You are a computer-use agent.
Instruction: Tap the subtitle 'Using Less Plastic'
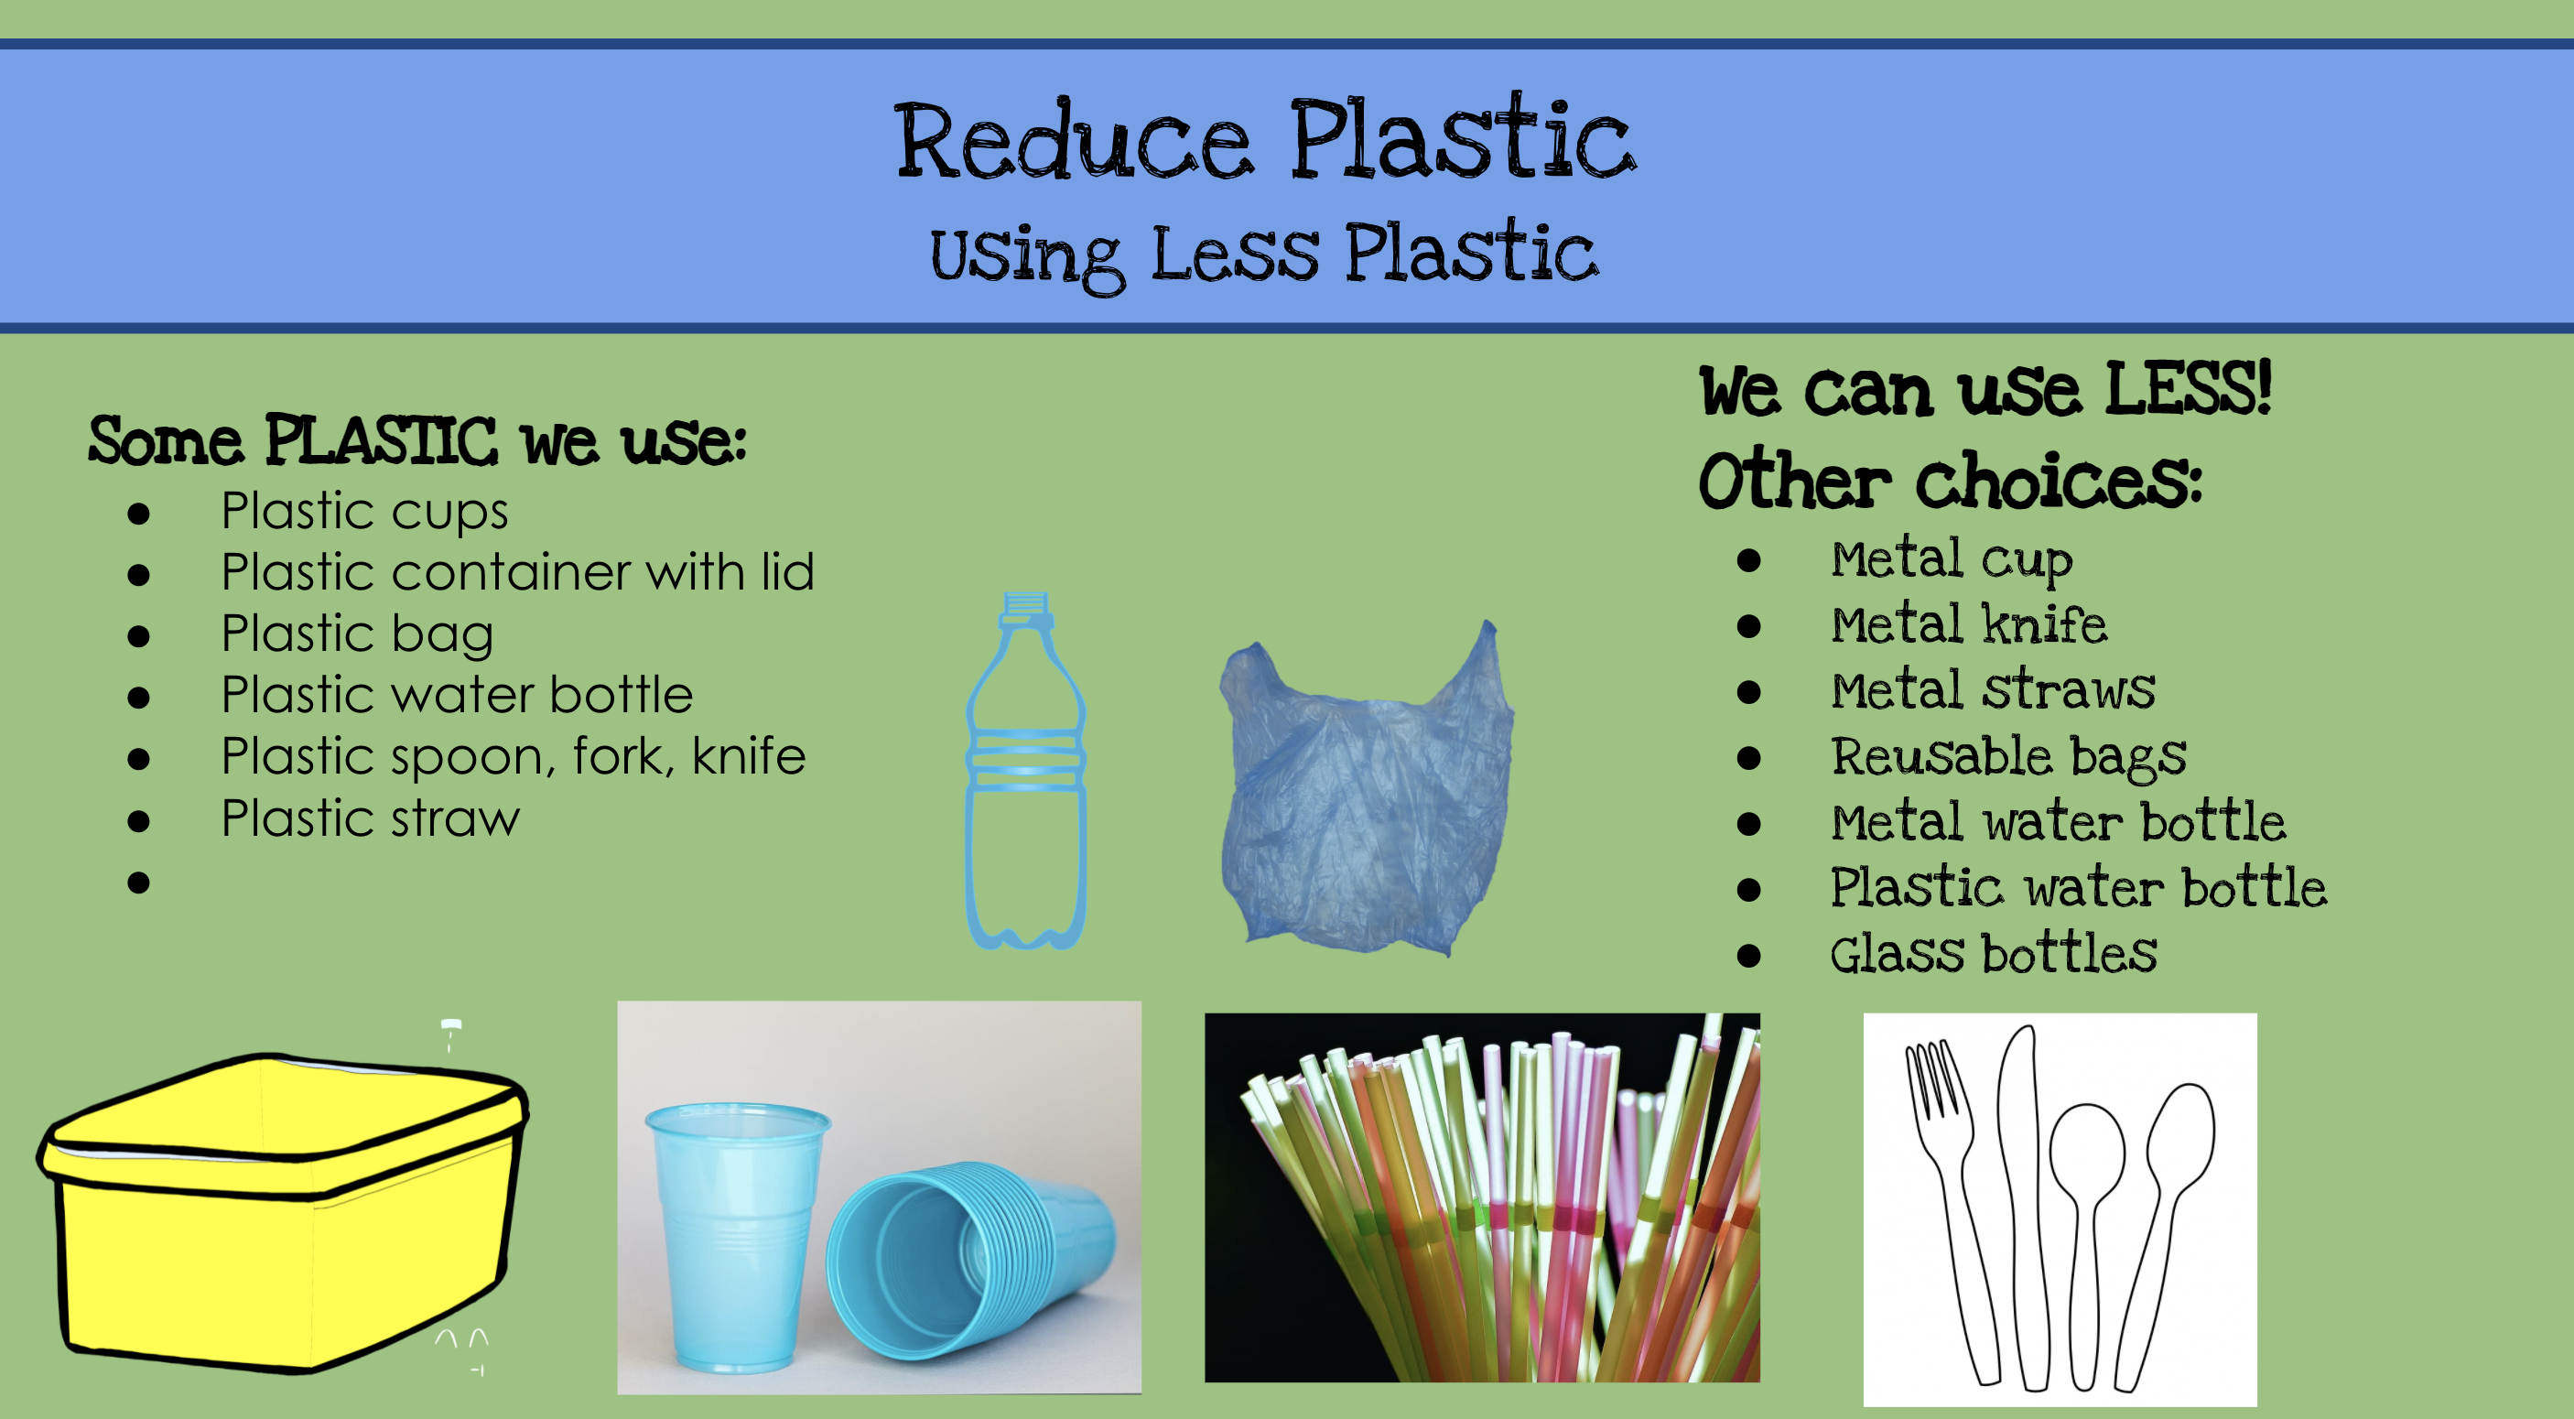pyautogui.click(x=1264, y=255)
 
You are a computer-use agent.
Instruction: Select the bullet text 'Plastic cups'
pyautogui.click(x=364, y=512)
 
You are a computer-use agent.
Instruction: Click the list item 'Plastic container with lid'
pyautogui.click(x=517, y=572)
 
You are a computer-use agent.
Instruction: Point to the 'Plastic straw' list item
pyautogui.click(x=371, y=818)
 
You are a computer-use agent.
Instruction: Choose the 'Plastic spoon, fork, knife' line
pyautogui.click(x=514, y=756)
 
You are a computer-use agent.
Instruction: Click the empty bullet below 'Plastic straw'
pyautogui.click(x=139, y=883)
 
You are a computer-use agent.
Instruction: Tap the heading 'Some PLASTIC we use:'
pyautogui.click(x=416, y=440)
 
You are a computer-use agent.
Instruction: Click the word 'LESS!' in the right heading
pyautogui.click(x=2189, y=388)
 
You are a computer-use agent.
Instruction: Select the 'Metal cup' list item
pyautogui.click(x=1952, y=559)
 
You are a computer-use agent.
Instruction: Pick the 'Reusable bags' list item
pyautogui.click(x=2008, y=756)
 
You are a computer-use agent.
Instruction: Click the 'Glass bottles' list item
pyautogui.click(x=1994, y=953)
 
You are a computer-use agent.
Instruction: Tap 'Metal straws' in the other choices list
pyautogui.click(x=1993, y=690)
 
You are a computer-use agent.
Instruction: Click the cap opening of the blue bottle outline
pyautogui.click(x=1026, y=599)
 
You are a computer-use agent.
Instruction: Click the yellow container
pyautogui.click(x=283, y=1212)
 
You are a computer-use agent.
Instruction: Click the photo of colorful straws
pyautogui.click(x=1482, y=1198)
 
